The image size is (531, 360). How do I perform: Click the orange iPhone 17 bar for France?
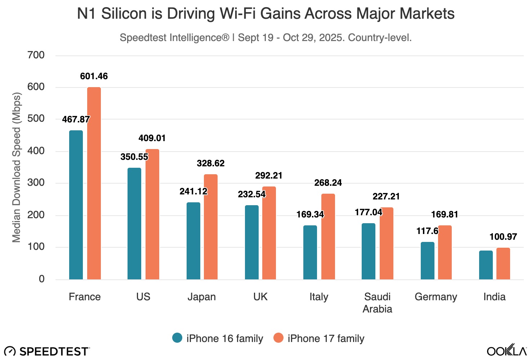[94, 183]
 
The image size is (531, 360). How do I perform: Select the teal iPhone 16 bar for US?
[134, 224]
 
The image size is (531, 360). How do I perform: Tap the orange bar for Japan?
[211, 227]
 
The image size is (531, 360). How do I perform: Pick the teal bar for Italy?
[310, 252]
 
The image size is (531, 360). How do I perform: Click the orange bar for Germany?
[445, 252]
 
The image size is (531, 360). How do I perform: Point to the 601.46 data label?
[94, 76]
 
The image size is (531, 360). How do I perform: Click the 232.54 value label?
[251, 194]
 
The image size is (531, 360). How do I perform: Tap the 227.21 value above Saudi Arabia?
[386, 197]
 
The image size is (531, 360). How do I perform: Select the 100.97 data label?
[503, 237]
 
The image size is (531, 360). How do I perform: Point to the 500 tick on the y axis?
[36, 119]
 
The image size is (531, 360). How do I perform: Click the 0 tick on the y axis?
[42, 279]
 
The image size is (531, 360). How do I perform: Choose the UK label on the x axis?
[260, 297]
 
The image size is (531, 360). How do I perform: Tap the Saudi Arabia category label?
[377, 303]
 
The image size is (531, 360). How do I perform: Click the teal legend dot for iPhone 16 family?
[177, 338]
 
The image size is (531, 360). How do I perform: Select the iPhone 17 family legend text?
[326, 338]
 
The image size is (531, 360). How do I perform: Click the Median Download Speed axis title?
[17, 167]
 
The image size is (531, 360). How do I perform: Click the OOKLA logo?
[507, 350]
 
